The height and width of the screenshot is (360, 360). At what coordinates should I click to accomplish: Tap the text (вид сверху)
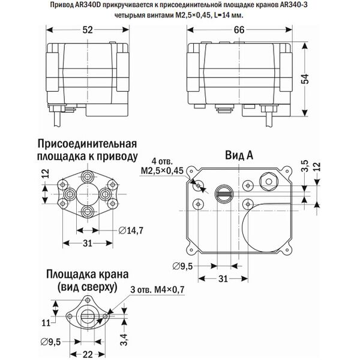85,287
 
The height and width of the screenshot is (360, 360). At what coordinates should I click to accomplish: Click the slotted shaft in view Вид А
223,192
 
